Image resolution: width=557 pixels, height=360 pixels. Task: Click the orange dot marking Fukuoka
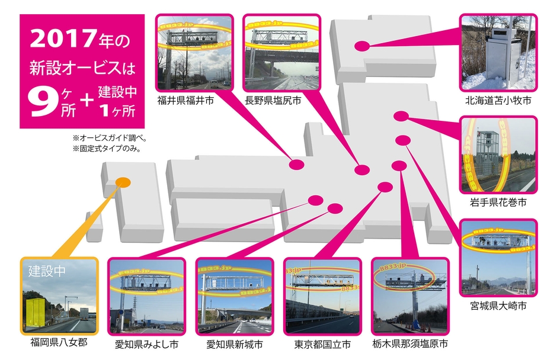(123, 182)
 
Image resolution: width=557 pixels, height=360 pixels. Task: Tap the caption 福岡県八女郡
(58, 342)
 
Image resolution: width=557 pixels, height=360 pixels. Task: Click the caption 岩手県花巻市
(498, 203)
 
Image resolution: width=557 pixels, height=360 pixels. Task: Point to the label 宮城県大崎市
(498, 306)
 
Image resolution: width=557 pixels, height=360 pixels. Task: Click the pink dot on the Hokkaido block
(361, 46)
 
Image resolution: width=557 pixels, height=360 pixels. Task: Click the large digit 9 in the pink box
(42, 101)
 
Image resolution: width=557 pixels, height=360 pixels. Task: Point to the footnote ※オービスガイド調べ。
(110, 139)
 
